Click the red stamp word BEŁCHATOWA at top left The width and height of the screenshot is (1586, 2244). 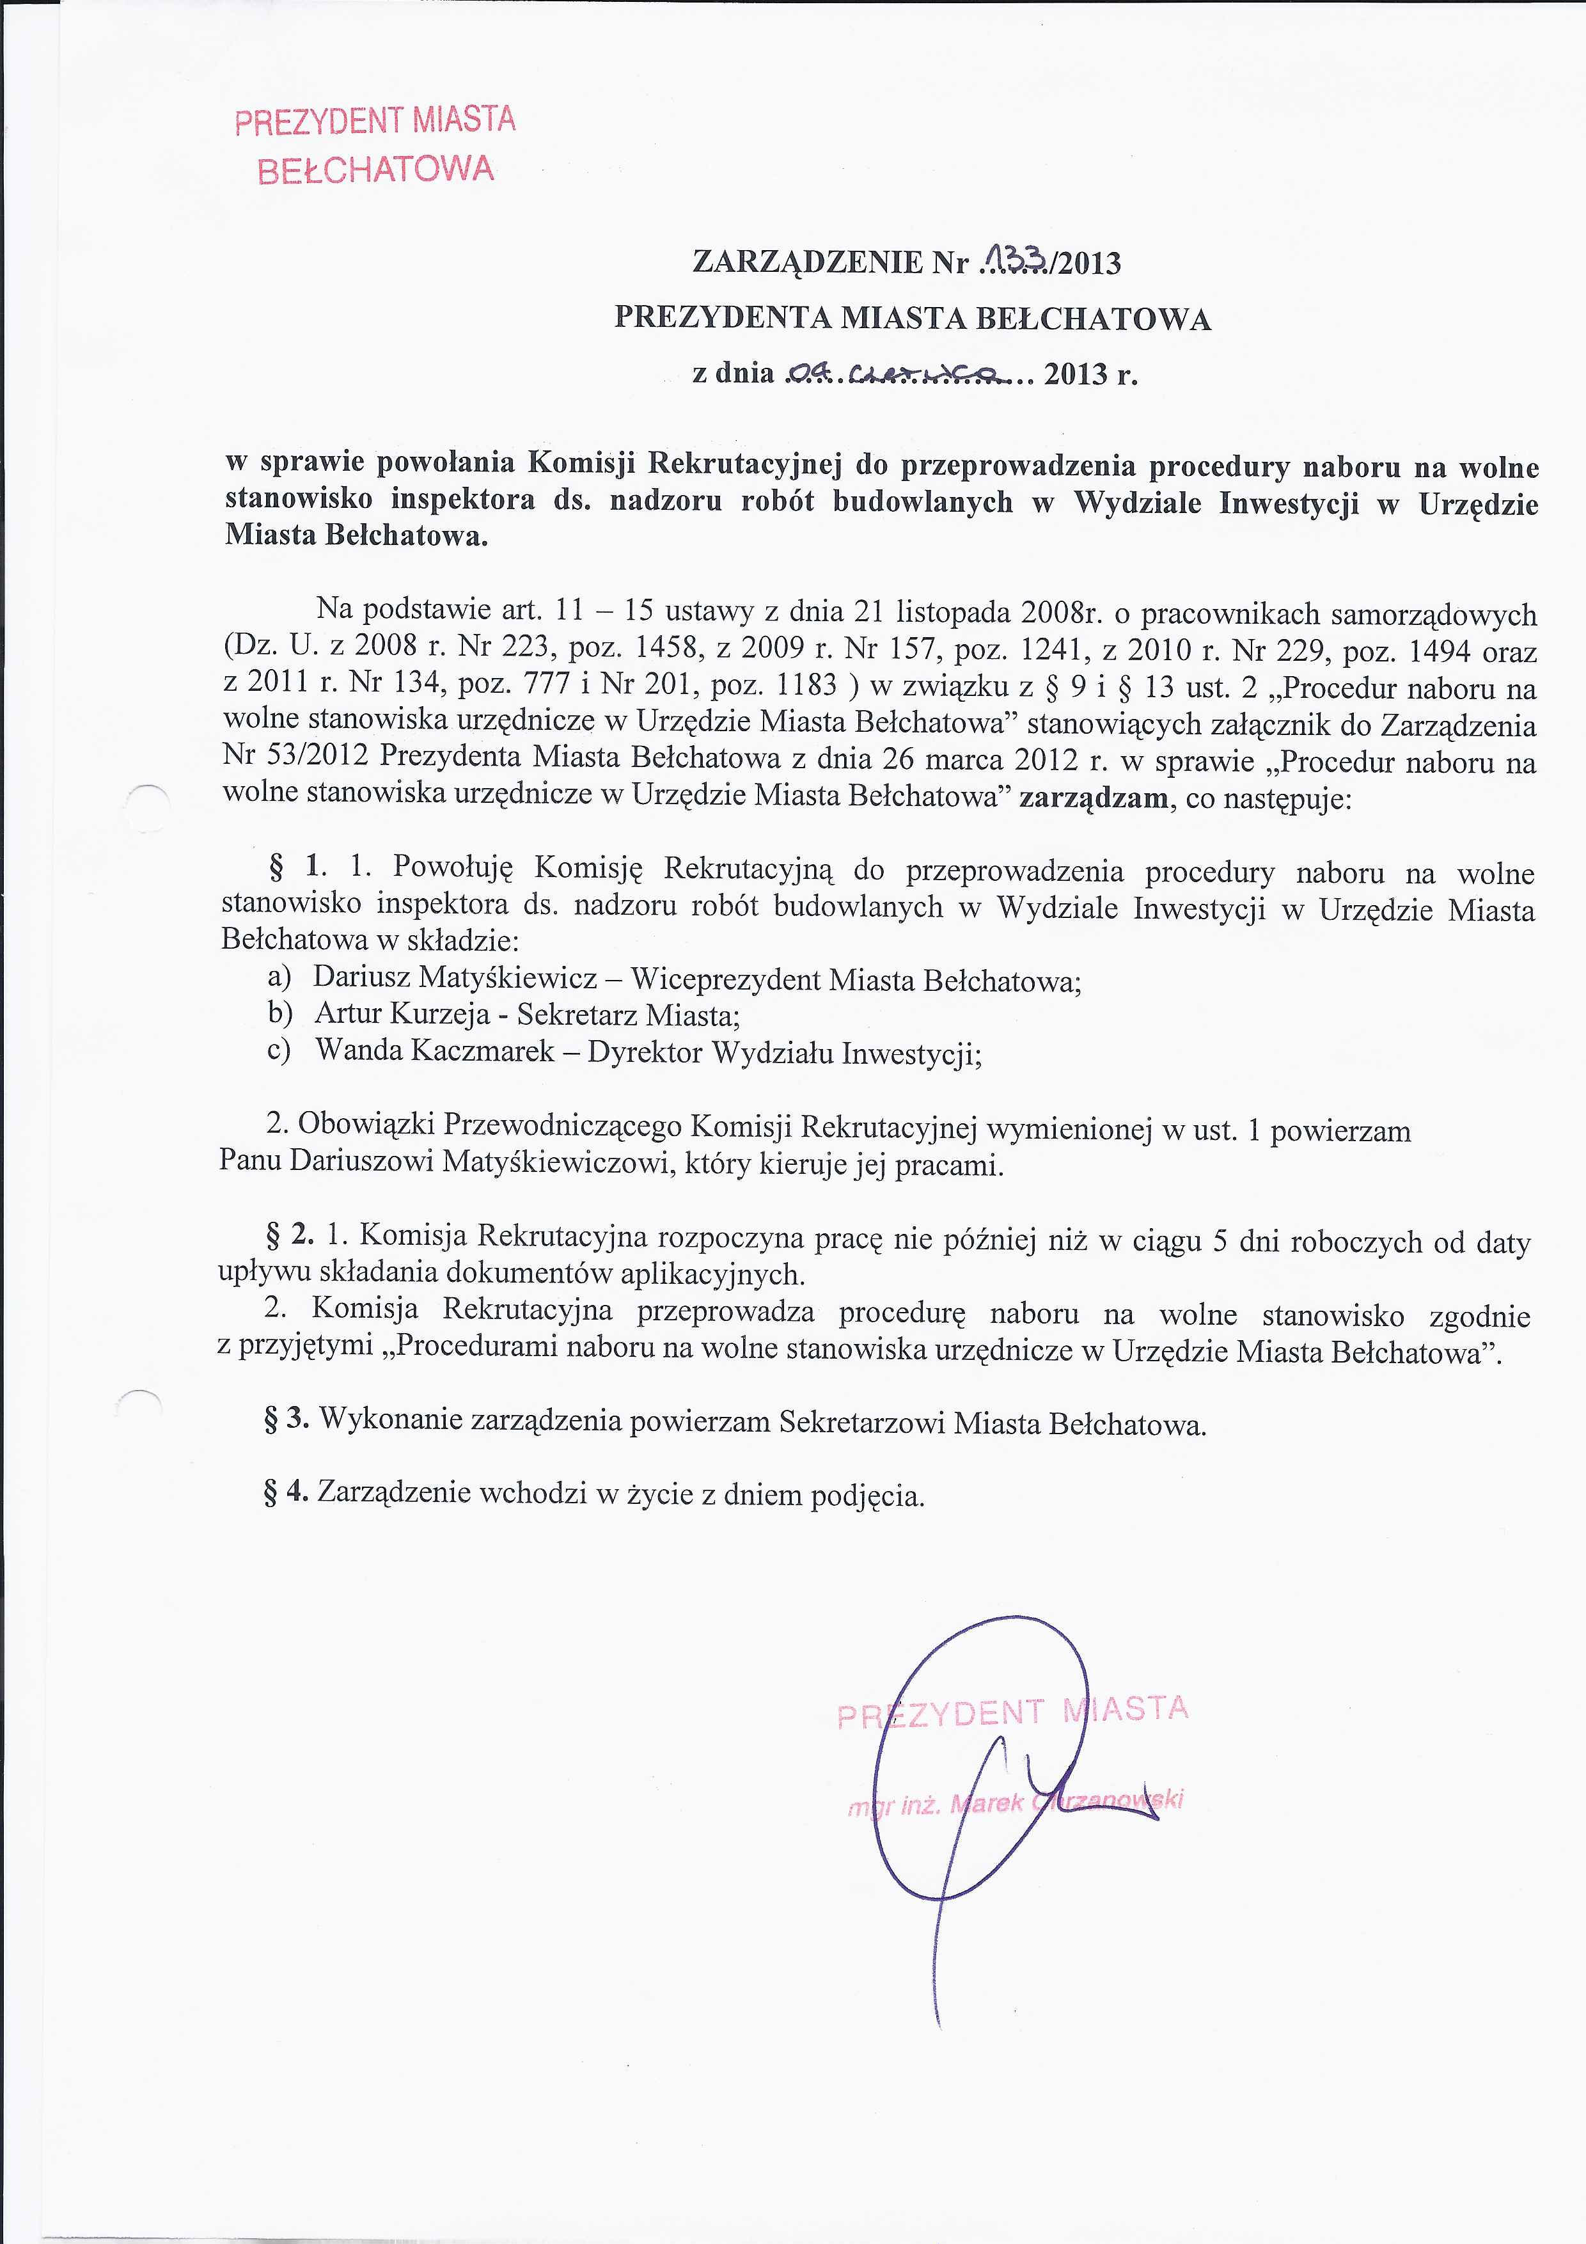point(375,170)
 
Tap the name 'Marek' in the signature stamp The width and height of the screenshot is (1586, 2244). point(986,1802)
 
